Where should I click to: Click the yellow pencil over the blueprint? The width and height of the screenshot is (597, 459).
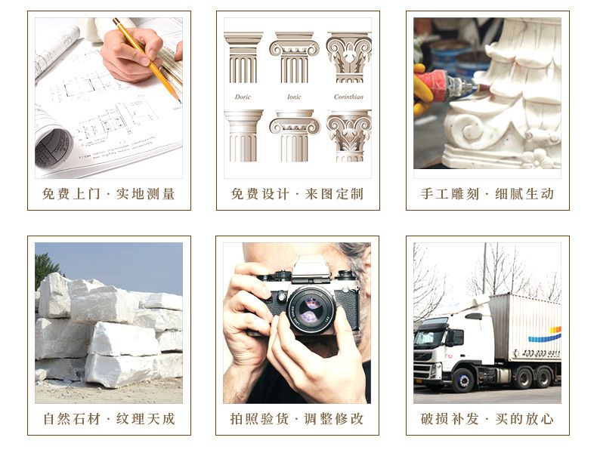[x=147, y=59]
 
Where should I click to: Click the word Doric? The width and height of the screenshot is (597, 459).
[x=243, y=97]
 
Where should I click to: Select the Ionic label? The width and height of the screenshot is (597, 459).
[x=294, y=97]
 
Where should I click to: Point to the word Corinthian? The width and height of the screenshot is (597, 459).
[x=348, y=97]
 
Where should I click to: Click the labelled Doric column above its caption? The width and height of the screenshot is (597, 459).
[x=243, y=57]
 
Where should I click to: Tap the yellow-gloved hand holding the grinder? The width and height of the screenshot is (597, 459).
[x=422, y=90]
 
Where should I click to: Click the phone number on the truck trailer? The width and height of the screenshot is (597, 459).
[x=541, y=353]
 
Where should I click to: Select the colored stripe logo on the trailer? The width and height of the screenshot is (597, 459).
[x=544, y=334]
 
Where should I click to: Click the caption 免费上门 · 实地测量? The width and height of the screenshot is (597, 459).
[x=109, y=194]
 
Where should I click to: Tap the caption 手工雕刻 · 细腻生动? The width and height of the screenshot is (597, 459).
[x=487, y=194]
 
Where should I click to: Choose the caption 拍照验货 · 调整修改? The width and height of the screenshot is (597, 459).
[x=297, y=419]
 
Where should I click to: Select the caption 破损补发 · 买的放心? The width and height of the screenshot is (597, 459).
[x=487, y=419]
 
